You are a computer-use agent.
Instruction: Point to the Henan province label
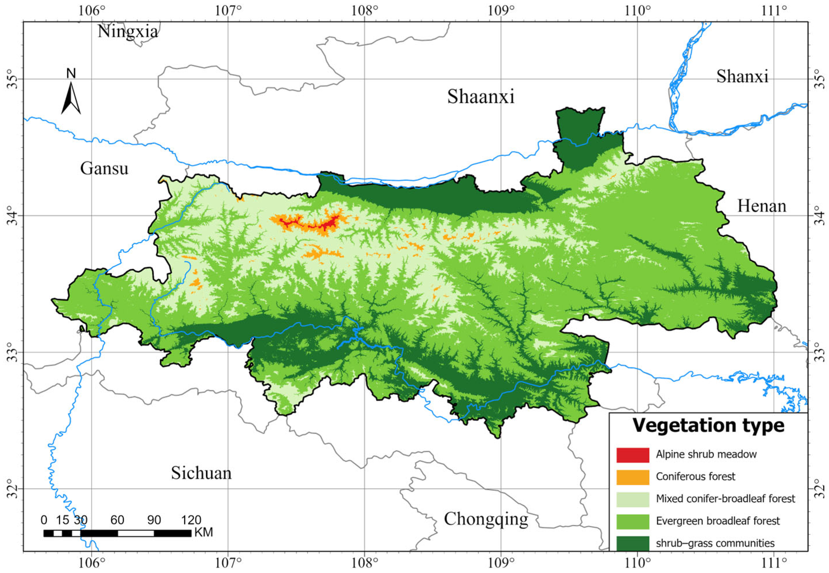pyautogui.click(x=762, y=206)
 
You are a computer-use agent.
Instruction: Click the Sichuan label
pyautogui.click(x=201, y=473)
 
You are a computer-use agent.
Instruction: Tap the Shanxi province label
pyautogui.click(x=742, y=76)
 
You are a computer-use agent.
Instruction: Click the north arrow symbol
pyautogui.click(x=71, y=97)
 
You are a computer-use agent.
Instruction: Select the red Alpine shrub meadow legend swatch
pyautogui.click(x=633, y=455)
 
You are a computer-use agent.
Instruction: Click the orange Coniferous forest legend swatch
pyautogui.click(x=633, y=477)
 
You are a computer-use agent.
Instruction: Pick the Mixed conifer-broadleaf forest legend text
pyautogui.click(x=725, y=499)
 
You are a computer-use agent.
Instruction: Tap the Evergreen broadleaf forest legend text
pyautogui.click(x=718, y=521)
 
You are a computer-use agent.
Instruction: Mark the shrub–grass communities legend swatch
pyautogui.click(x=633, y=543)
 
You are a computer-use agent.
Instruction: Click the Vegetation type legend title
pyautogui.click(x=708, y=425)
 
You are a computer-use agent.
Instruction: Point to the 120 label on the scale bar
pyautogui.click(x=191, y=520)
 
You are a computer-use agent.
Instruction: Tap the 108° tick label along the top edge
pyautogui.click(x=364, y=11)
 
